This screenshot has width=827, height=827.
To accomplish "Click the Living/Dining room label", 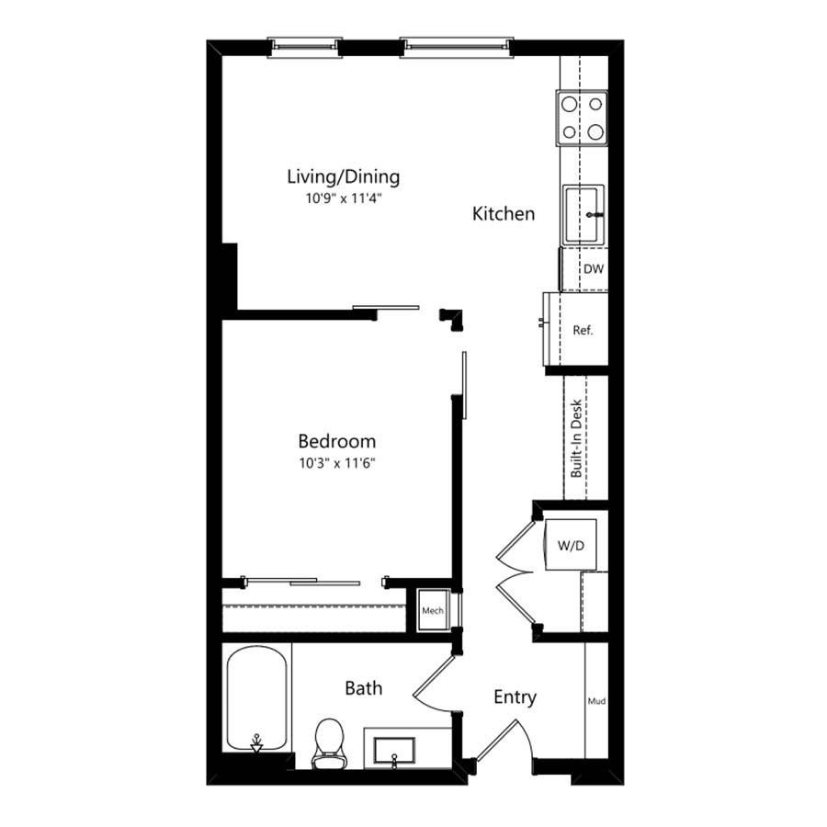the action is click(344, 176).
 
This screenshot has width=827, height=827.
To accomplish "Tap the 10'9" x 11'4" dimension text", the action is click(344, 198).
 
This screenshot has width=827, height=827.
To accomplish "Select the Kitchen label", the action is click(504, 213).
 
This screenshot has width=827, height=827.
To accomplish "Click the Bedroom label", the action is click(337, 441).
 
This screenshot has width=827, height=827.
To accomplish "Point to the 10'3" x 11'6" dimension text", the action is click(337, 463).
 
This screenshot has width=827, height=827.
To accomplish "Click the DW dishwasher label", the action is click(594, 269).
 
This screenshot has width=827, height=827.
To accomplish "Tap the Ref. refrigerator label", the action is click(583, 330).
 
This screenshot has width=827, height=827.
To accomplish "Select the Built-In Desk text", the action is click(576, 438).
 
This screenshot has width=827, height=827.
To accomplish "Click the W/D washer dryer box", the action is click(571, 545).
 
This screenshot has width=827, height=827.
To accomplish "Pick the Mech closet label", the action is click(433, 611).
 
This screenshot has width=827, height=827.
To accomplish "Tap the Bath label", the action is click(363, 688).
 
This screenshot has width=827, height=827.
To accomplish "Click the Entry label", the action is click(515, 697).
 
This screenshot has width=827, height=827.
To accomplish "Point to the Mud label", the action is click(596, 701).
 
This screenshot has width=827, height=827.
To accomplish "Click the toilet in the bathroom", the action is click(329, 742).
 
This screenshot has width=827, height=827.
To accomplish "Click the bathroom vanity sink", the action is click(394, 751).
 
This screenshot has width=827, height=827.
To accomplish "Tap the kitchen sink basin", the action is click(583, 214).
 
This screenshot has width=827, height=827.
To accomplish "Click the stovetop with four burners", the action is click(582, 119).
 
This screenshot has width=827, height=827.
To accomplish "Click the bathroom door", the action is click(433, 680).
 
